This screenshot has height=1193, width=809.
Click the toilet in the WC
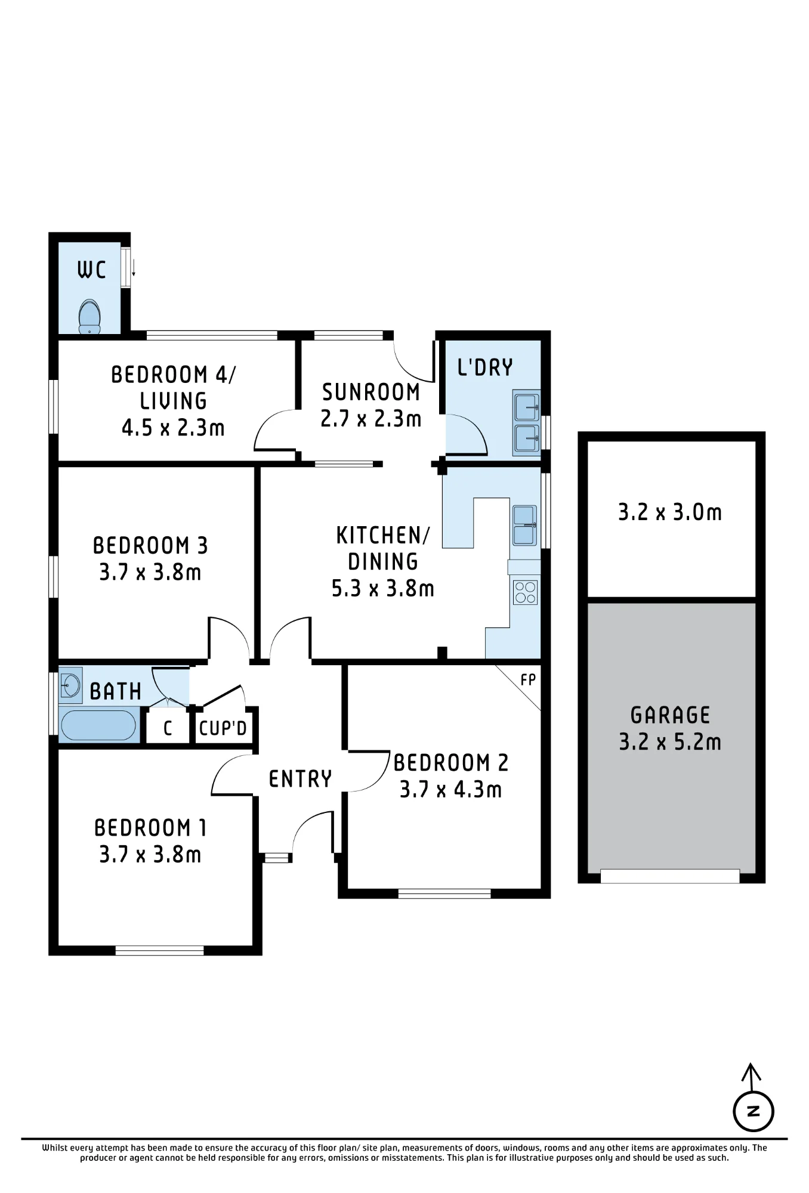coord(89,317)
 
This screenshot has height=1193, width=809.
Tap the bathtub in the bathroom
coord(98,725)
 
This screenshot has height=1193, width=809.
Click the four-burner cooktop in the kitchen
coord(525,592)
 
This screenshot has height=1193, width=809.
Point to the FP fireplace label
coord(528,679)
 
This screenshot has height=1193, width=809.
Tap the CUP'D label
coord(223,728)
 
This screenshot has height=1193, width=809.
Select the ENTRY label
coord(300,779)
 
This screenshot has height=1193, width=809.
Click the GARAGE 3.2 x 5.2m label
coord(670,728)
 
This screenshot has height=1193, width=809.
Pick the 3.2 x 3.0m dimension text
coord(670,512)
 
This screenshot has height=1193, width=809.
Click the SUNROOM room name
coord(371,392)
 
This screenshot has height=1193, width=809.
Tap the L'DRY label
coord(485,367)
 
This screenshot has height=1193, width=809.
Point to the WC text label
coord(91,270)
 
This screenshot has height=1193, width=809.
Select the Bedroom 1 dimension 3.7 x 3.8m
coord(150,854)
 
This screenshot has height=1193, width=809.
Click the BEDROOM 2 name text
coord(451,763)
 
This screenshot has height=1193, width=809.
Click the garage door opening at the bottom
coord(670,876)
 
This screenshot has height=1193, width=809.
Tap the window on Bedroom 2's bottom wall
coord(444,893)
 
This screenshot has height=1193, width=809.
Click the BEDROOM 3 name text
coord(150,546)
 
